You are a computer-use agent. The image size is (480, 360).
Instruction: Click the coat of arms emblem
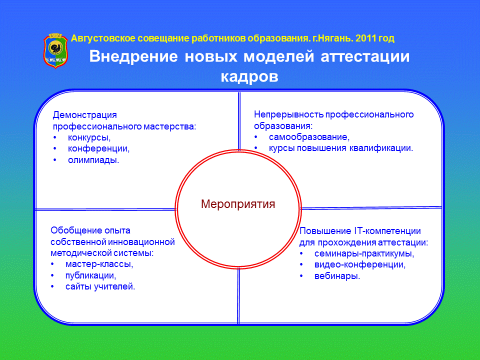coord(55,50)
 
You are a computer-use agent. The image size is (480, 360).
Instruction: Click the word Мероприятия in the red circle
coord(238,204)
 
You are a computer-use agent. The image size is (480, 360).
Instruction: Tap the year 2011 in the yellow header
coord(366,38)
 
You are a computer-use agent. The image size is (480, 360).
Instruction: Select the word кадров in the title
coord(249,76)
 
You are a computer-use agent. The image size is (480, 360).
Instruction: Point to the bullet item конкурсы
coord(89,138)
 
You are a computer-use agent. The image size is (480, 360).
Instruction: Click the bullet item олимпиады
coord(93,160)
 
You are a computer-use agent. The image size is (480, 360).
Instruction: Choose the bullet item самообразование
coord(309,137)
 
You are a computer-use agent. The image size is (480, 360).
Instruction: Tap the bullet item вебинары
coord(337,276)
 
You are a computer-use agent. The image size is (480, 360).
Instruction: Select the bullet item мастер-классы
coord(99,264)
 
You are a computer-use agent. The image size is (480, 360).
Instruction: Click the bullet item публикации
coord(90,275)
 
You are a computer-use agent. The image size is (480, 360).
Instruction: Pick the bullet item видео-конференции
coord(360,264)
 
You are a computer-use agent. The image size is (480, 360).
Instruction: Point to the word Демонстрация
coord(85,115)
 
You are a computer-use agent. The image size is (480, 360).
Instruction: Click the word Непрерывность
coord(288,114)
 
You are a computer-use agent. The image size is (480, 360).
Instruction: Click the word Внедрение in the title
coord(133,56)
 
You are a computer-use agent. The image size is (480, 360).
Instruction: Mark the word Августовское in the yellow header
coord(103,38)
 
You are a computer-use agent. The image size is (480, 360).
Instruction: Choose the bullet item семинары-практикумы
coord(364,253)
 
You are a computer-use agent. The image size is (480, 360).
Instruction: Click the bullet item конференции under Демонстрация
coord(98,149)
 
